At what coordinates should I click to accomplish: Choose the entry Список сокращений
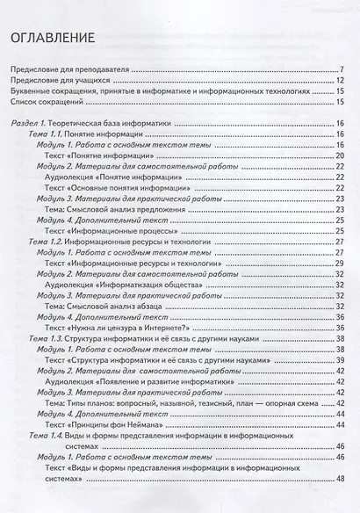pos(47,102)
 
